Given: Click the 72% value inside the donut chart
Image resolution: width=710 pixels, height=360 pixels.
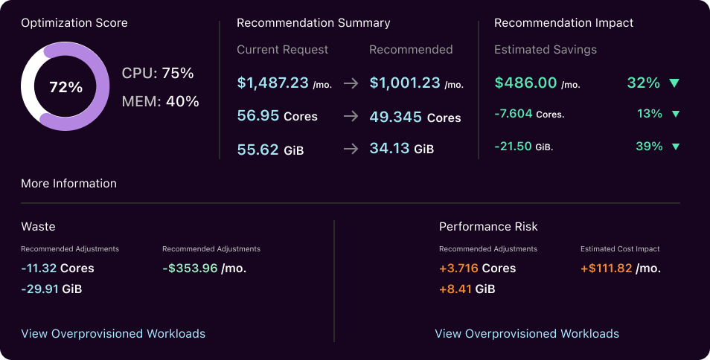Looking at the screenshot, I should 65,87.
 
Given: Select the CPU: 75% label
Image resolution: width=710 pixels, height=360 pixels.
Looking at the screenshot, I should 158,73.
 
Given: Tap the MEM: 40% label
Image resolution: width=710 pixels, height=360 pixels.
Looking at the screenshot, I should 160,101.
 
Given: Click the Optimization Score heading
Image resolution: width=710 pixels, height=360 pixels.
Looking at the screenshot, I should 74,23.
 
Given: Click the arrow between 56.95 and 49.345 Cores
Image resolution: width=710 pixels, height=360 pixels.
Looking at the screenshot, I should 351,117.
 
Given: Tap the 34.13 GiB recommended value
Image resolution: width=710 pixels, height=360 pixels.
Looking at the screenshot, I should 401,149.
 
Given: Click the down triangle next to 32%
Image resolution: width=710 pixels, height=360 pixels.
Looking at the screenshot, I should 674,83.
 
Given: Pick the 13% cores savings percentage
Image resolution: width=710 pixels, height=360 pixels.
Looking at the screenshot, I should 649,114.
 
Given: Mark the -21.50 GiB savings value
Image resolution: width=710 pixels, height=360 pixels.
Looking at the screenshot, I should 523,147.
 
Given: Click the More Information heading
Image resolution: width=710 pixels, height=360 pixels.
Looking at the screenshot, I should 68,184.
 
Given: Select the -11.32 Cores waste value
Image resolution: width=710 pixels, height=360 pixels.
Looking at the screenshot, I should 57,268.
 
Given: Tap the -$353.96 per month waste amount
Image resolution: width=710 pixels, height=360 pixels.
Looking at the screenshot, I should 204,268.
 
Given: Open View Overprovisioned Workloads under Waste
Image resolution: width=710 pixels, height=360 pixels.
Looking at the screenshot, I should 113,334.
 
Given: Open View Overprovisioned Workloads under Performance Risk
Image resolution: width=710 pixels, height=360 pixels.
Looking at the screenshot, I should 527,334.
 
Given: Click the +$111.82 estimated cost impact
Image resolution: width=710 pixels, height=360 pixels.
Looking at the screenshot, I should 620,268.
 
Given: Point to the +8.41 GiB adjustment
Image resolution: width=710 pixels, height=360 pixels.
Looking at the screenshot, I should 467,289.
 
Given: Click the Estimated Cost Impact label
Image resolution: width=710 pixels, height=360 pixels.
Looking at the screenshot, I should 620,249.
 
